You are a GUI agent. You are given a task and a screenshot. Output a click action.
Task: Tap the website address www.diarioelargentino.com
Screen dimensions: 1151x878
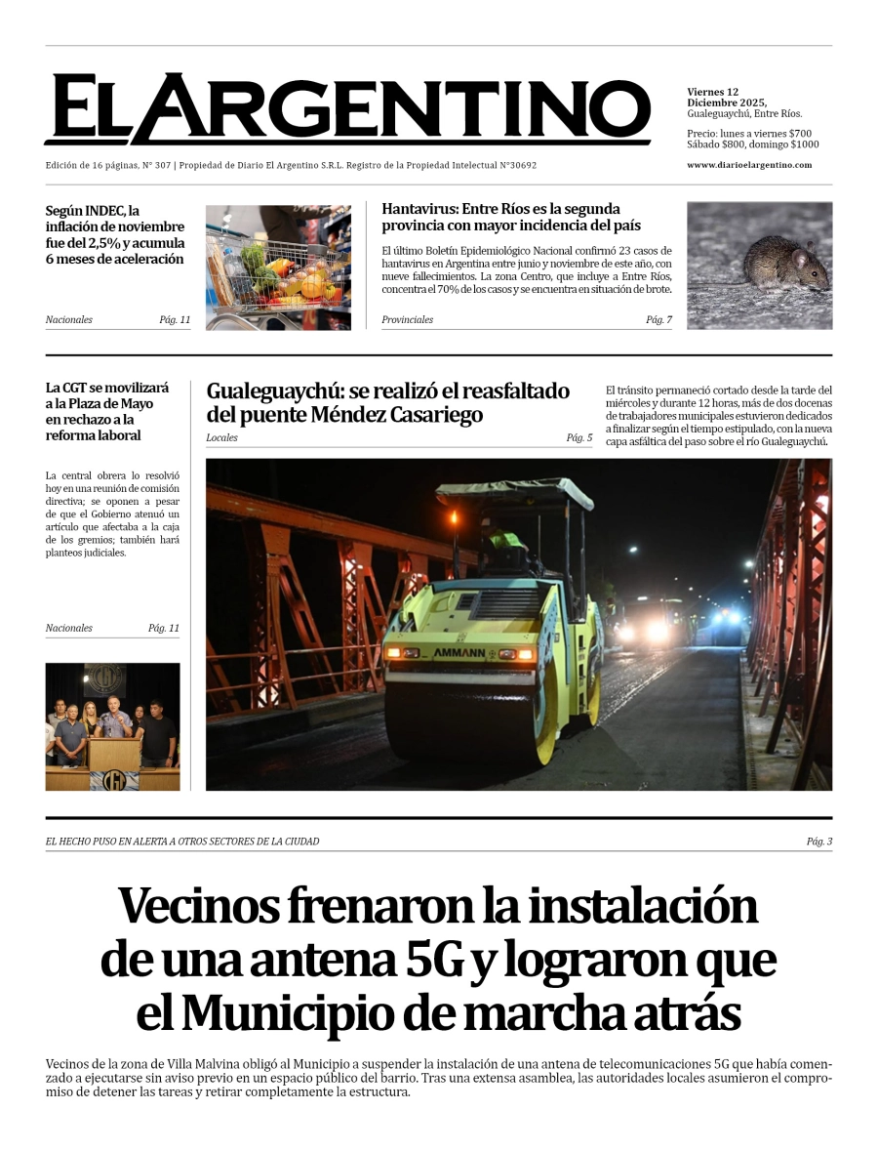point(748,165)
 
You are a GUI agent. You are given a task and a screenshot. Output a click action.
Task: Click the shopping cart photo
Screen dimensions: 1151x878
point(278,267)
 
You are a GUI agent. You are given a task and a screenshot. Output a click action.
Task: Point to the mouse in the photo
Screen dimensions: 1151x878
point(784,264)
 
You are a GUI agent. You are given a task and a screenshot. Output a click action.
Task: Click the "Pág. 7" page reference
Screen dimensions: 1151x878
point(658,320)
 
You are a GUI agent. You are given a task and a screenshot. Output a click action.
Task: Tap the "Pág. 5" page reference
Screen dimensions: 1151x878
point(579,438)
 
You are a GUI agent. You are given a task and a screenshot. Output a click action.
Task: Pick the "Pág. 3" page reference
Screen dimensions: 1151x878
point(818,842)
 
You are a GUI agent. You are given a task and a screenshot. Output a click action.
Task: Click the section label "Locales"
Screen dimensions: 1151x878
point(221,438)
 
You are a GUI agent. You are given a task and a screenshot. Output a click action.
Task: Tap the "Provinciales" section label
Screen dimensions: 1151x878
point(407,320)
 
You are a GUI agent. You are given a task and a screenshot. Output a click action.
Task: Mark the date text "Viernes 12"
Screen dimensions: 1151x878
point(712,93)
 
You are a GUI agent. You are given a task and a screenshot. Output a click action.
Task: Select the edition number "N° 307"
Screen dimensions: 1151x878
point(156,166)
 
